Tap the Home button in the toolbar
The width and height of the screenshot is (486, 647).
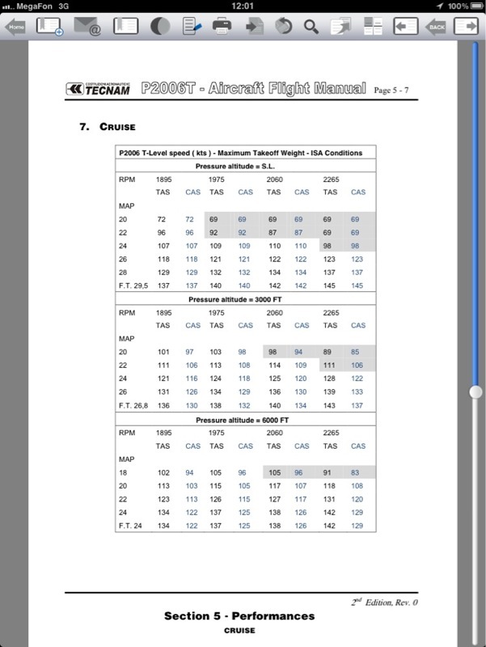coord(16,27)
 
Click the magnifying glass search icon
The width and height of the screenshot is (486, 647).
coord(311,27)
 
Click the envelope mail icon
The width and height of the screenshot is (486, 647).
coord(88,27)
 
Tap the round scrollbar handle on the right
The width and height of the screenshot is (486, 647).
coord(475,391)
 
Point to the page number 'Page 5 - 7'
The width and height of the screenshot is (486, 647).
coord(396,90)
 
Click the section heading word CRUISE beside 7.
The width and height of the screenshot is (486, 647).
coord(117,127)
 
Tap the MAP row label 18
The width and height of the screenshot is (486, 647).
coord(123,472)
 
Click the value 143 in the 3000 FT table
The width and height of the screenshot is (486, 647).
coord(329,406)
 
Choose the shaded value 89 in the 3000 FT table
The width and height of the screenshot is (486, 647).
coord(329,351)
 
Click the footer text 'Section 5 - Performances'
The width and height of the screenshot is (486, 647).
coord(239,616)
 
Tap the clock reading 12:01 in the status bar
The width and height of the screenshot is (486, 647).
coord(243,6)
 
